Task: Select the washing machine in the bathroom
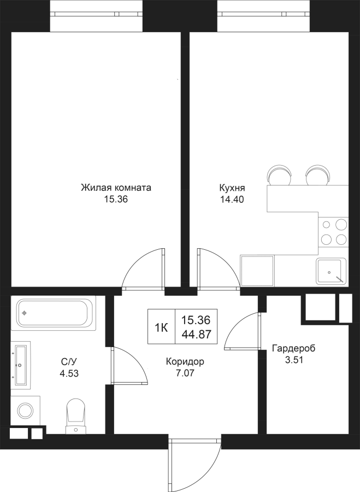point(24,410)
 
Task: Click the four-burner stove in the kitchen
point(333,232)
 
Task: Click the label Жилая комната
point(116,188)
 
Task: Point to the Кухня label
point(232,188)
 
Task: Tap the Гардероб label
point(293,348)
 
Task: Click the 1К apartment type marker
point(162,327)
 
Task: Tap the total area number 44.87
point(196,335)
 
